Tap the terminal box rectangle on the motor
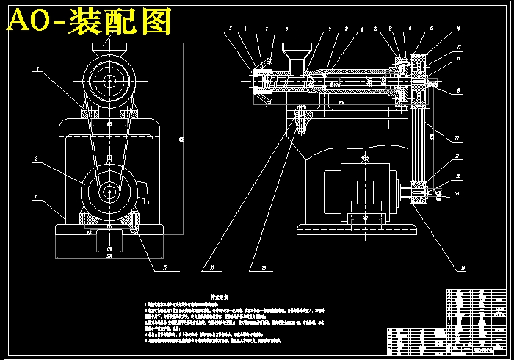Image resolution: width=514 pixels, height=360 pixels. click(365, 190)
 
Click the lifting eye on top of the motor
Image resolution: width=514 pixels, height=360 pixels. click(364, 157)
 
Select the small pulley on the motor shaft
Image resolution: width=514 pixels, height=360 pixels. click(420, 192)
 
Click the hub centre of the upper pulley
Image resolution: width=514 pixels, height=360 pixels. click(109, 81)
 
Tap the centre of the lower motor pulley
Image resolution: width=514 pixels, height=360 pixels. click(109, 192)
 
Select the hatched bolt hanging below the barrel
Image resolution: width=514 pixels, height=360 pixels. click(301, 118)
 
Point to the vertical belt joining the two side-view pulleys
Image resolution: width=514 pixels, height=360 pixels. click(420, 140)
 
